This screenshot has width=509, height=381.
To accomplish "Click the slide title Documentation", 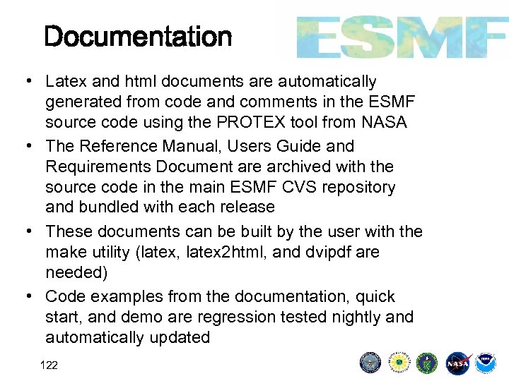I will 138,37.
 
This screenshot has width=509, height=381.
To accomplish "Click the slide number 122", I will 49,365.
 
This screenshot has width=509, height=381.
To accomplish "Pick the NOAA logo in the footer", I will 486,363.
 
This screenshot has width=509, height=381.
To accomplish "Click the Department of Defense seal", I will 370,363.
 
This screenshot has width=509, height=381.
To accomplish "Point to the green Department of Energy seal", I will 428,363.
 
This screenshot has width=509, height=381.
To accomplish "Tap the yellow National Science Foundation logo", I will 400,363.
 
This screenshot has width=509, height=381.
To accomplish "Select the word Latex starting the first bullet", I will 66,82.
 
